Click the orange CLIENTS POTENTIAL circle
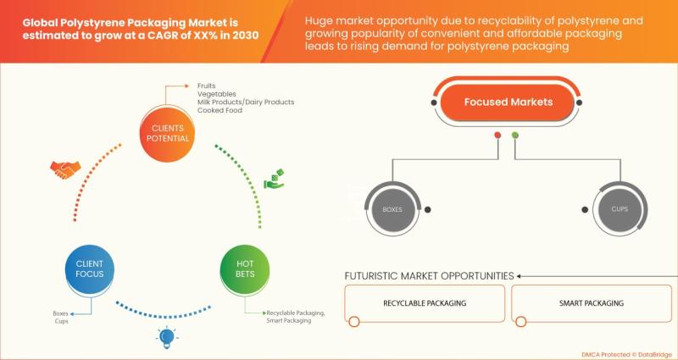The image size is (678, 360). pyautogui.click(x=167, y=133)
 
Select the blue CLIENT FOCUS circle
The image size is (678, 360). pyautogui.click(x=90, y=269)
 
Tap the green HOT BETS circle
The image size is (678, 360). pyautogui.click(x=245, y=269)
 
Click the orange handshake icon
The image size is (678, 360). pyautogui.click(x=65, y=170)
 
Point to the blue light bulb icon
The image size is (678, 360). pyautogui.click(x=167, y=338)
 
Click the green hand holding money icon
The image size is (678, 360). pyautogui.click(x=274, y=179)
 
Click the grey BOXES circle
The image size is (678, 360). pyautogui.click(x=392, y=209)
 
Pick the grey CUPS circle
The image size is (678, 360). pyautogui.click(x=620, y=209)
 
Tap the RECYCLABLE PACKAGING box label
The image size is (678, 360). pyautogui.click(x=425, y=303)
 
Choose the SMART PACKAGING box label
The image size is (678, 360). pyautogui.click(x=591, y=303)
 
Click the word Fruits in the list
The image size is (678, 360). pyautogui.click(x=206, y=86)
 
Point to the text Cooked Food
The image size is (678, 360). pyautogui.click(x=220, y=110)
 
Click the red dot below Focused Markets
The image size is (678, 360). pyautogui.click(x=497, y=136)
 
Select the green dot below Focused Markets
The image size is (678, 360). pyautogui.click(x=515, y=136)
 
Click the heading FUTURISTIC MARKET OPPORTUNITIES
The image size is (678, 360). pyautogui.click(x=429, y=276)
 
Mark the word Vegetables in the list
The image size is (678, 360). pyautogui.click(x=217, y=94)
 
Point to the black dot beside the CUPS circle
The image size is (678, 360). pyautogui.click(x=585, y=209)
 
